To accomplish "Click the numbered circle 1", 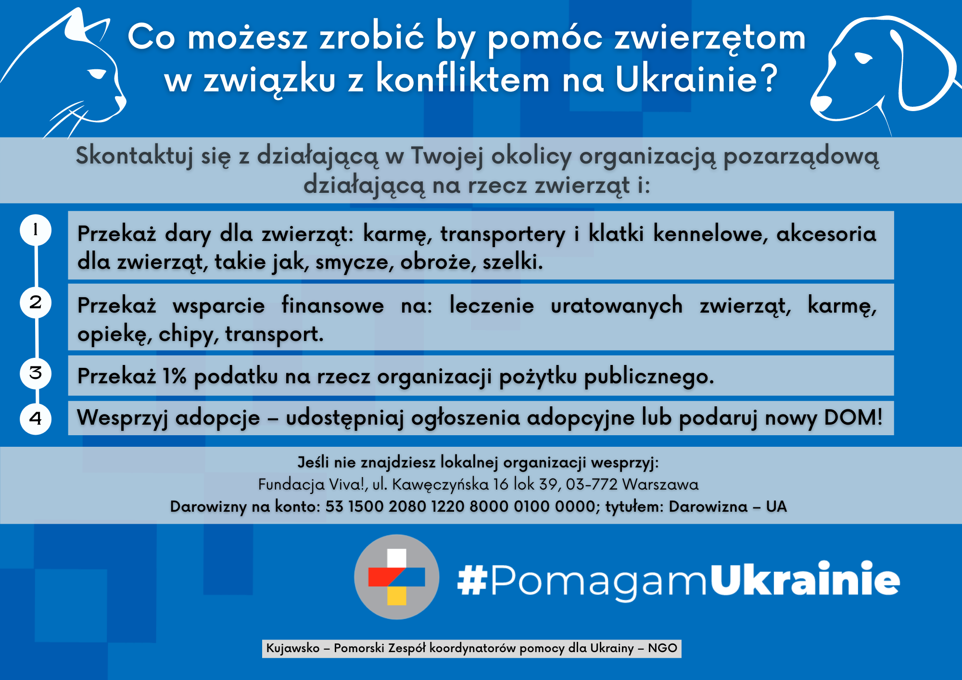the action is (x=36, y=230).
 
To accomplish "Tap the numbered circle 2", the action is (x=36, y=302).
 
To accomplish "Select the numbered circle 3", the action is (x=36, y=373).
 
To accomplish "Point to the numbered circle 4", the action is (x=36, y=418).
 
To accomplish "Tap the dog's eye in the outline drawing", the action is (x=863, y=58).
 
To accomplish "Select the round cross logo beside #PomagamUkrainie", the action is (x=396, y=577).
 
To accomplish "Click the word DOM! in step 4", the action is (x=853, y=417).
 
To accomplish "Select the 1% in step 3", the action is (x=175, y=376).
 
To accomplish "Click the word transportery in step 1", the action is (x=503, y=234).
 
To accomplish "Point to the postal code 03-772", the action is (x=592, y=484).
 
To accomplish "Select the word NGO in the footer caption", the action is (x=662, y=648).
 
